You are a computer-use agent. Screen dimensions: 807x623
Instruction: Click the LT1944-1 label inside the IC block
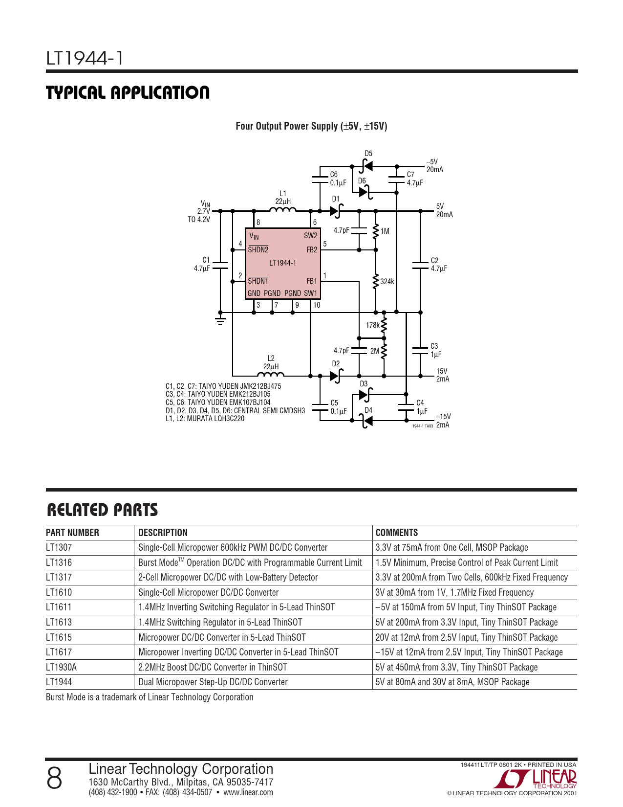pos(282,263)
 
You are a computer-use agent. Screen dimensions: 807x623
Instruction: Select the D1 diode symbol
pos(336,211)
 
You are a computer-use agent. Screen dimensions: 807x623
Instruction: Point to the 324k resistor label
pos(387,282)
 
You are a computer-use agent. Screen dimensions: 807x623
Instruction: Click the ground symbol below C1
pos(220,321)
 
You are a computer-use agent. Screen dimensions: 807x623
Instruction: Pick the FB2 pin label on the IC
pos(312,250)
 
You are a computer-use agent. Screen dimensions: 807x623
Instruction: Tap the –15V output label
pos(443,417)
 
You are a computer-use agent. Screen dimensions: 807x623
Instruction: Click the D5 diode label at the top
pos(368,154)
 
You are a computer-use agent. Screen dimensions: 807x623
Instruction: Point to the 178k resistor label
pos(372,325)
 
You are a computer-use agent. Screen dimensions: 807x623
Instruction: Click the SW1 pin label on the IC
pos(311,293)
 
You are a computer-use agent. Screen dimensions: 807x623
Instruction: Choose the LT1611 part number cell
pos(59,607)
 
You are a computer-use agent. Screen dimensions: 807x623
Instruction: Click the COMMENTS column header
pos(397,533)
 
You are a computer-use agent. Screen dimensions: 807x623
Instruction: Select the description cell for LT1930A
pos(213,667)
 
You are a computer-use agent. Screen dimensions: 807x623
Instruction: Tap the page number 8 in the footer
pos(54,778)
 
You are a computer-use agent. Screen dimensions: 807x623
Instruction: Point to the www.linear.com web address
pos(248,792)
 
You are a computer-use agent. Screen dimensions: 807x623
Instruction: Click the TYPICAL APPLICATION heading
pos(128,92)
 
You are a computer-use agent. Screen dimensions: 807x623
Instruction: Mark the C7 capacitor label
pos(410,175)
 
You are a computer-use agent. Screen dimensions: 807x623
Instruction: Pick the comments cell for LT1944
pos(452,682)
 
